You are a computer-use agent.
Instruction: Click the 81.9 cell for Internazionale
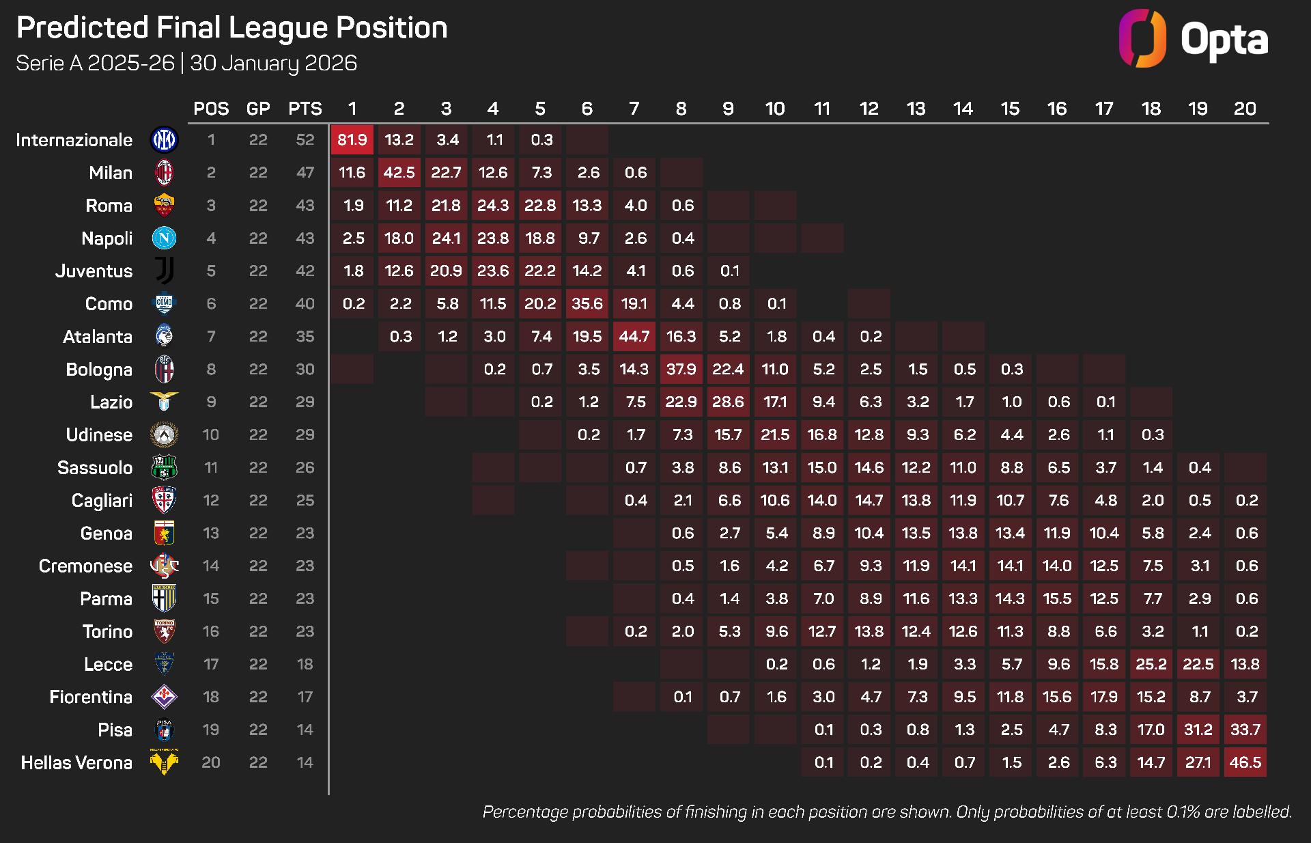point(352,140)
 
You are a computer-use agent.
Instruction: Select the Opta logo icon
point(1142,38)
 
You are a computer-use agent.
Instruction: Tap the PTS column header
point(305,109)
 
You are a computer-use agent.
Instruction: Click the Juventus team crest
point(164,271)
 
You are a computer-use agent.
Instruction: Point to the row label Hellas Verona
point(76,763)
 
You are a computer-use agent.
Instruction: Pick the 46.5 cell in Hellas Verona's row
point(1245,763)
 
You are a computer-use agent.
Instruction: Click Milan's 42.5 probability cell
point(399,173)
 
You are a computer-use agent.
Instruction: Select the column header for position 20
point(1245,109)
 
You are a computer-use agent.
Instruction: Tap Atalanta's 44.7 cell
point(634,337)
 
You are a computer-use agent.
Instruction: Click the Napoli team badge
point(164,238)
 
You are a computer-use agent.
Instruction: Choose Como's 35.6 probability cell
point(587,304)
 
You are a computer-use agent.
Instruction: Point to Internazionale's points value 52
point(305,140)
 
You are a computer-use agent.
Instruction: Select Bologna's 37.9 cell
point(681,370)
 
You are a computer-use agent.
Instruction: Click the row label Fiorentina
point(91,697)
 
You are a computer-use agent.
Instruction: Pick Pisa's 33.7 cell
point(1245,730)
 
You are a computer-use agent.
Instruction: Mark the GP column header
point(258,109)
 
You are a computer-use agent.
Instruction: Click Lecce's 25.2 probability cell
point(1151,665)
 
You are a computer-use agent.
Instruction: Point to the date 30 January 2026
point(273,64)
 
